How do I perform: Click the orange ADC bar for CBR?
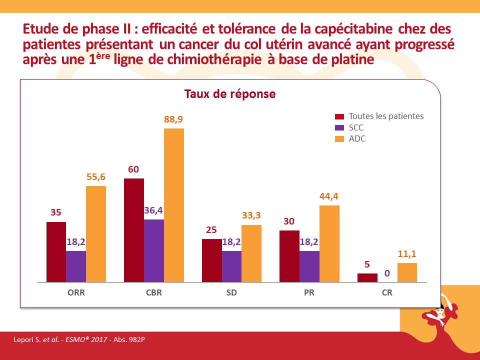174,205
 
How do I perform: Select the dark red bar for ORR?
56,252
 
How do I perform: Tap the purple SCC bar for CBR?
153,250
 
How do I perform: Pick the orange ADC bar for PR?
329,243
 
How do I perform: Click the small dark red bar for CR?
367,277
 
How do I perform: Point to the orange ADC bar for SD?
251,253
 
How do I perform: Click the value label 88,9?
174,120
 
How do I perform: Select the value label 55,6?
96,177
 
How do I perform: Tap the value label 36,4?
153,210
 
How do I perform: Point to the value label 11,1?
407,254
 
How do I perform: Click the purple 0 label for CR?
387,273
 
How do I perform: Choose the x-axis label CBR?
153,293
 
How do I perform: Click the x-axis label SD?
231,293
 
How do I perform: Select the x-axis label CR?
387,293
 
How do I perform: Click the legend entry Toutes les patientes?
386,116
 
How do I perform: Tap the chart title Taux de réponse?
230,94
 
